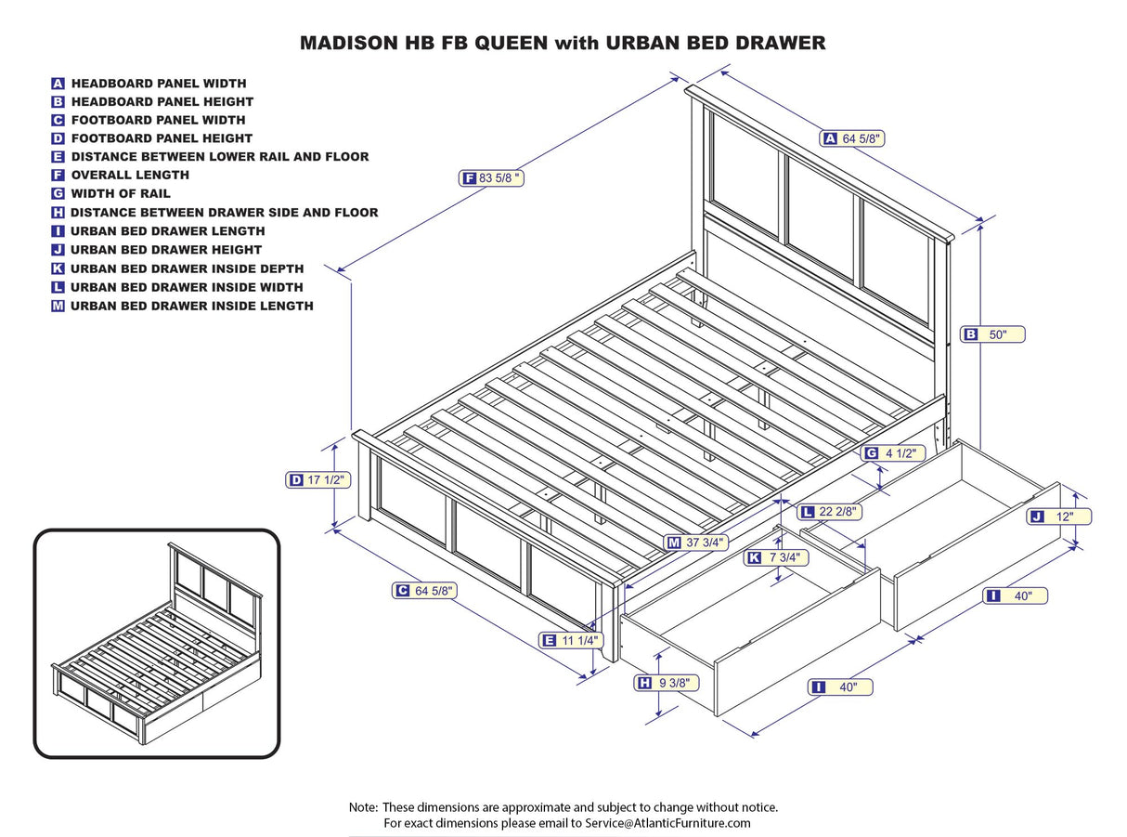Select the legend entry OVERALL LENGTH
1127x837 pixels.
click(x=129, y=175)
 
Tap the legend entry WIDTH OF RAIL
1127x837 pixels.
click(x=121, y=193)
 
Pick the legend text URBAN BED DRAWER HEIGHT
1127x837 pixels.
click(x=165, y=249)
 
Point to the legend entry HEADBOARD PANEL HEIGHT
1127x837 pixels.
click(x=162, y=101)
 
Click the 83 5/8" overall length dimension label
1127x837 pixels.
click(x=493, y=177)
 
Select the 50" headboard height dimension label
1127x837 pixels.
click(x=992, y=334)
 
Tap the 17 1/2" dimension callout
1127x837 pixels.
click(x=317, y=480)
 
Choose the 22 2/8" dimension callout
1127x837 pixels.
click(x=830, y=512)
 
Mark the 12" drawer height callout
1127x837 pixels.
click(x=1059, y=517)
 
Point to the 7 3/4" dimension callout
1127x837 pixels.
click(x=776, y=557)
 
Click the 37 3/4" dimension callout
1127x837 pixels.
click(x=696, y=542)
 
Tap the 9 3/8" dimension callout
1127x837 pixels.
click(x=667, y=683)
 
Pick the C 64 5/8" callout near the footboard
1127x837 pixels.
click(x=424, y=590)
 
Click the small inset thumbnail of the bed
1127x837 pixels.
click(x=157, y=643)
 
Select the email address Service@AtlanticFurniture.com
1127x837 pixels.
click(x=667, y=823)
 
